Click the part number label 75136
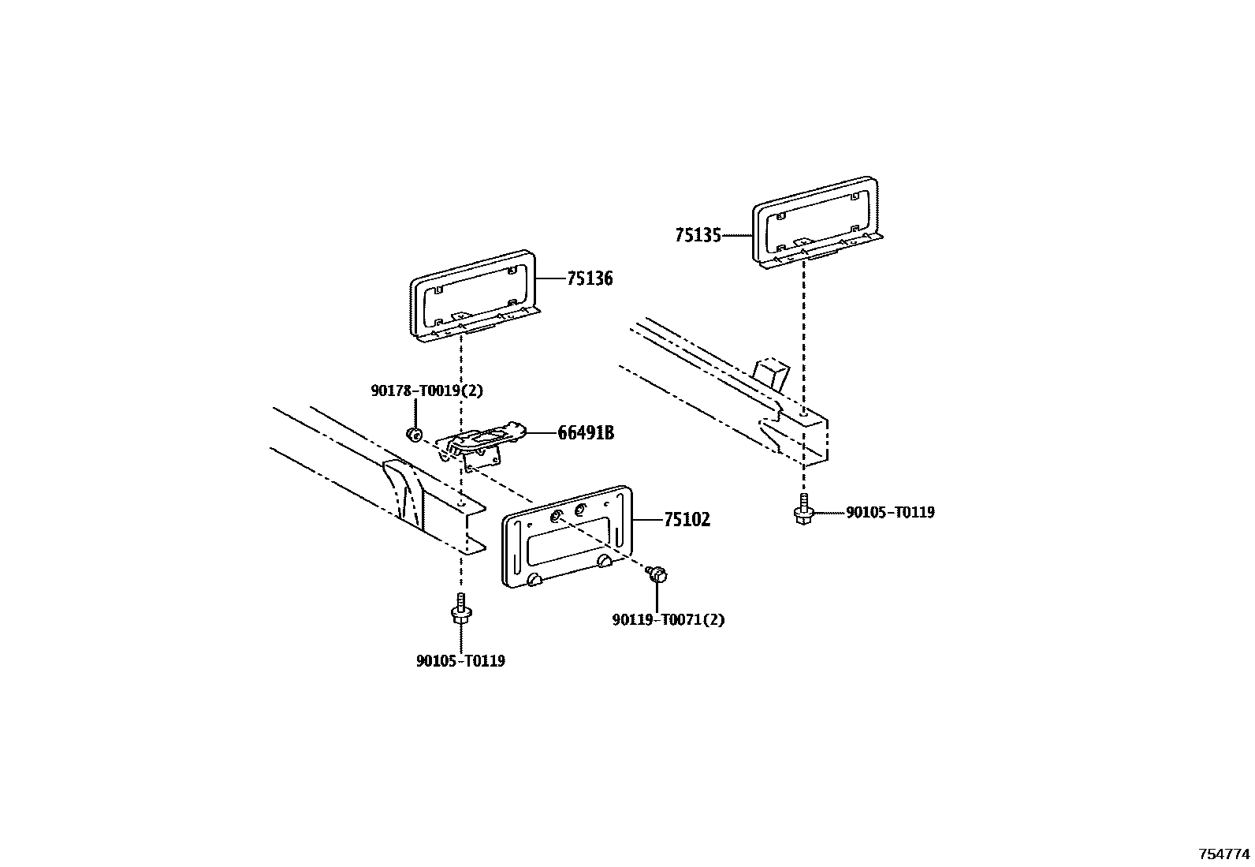point(589,278)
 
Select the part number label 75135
point(698,235)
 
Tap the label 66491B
point(585,433)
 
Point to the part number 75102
point(687,520)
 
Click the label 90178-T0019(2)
point(426,391)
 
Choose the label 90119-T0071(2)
point(668,619)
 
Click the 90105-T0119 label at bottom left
point(460,661)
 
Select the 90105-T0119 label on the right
point(890,513)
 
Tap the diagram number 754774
point(1224,854)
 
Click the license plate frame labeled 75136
point(473,296)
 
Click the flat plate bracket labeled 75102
point(568,536)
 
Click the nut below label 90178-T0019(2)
point(413,434)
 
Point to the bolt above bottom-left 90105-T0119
point(460,611)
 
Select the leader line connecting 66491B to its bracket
point(539,433)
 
